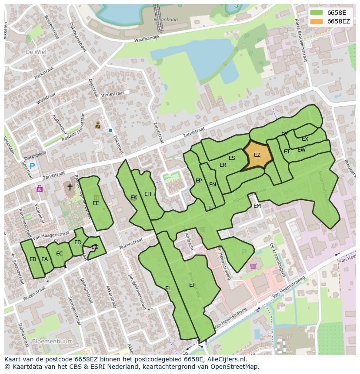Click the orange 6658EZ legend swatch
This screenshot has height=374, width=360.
click(316, 21)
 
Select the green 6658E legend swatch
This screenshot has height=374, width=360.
click(316, 13)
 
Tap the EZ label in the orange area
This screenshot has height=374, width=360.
click(257, 155)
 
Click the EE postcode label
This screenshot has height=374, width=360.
click(96, 203)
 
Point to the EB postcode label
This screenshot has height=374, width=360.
click(33, 259)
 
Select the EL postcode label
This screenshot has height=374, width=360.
click(168, 288)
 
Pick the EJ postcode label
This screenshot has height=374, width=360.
click(192, 285)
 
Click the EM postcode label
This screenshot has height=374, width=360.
click(257, 206)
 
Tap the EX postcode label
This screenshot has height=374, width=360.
click(305, 139)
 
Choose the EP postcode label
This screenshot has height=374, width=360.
click(199, 181)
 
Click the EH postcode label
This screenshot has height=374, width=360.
click(148, 194)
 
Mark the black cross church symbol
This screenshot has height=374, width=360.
click(70, 187)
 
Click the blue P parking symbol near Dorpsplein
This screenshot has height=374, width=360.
click(33, 166)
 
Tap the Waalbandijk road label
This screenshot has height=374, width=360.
click(135, 40)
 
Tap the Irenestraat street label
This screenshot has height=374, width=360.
click(113, 94)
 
